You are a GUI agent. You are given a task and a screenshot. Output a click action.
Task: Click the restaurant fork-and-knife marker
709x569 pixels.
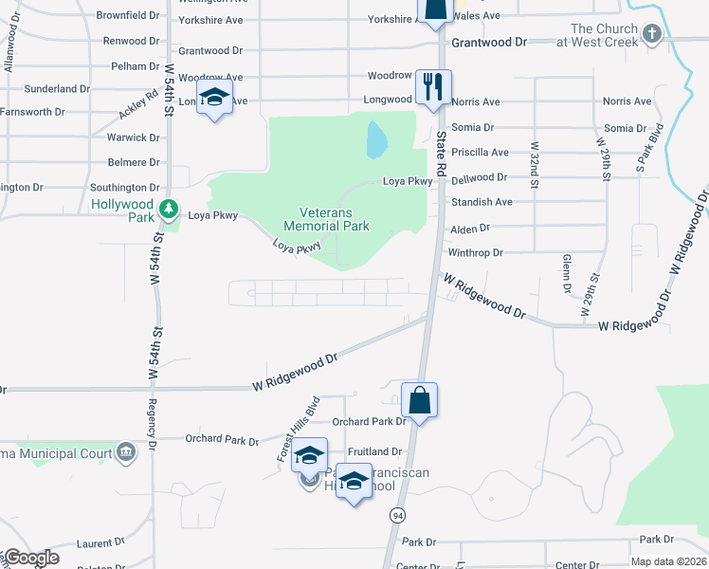pyautogui.click(x=432, y=87)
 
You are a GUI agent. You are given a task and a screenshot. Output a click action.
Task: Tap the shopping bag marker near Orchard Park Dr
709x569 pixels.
pyautogui.click(x=419, y=401)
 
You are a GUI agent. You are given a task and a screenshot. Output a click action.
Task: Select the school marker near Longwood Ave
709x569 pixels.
pyautogui.click(x=215, y=99)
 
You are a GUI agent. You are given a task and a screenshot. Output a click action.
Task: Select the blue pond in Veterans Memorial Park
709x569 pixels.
pyautogui.click(x=376, y=140)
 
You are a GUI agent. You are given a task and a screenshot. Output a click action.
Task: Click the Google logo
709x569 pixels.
pyautogui.click(x=31, y=558)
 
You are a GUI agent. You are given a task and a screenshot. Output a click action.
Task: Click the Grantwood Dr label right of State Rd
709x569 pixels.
pyautogui.click(x=488, y=43)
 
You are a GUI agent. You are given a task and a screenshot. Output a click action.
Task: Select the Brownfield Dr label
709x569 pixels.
pyautogui.click(x=128, y=16)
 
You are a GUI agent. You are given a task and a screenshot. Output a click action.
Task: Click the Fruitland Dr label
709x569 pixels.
pyautogui.click(x=374, y=452)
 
